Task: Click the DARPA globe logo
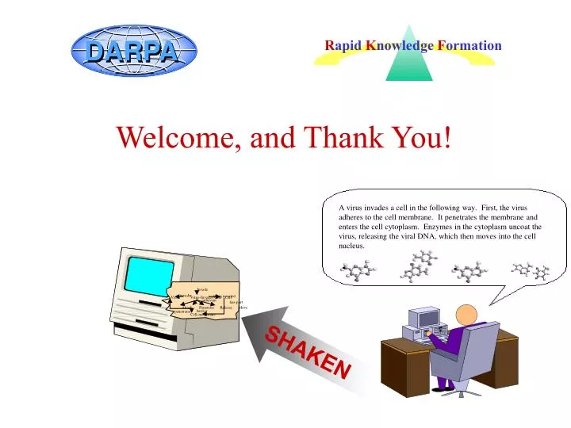coord(133,52)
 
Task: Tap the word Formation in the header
coord(469,45)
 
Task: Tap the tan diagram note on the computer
coord(205,301)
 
